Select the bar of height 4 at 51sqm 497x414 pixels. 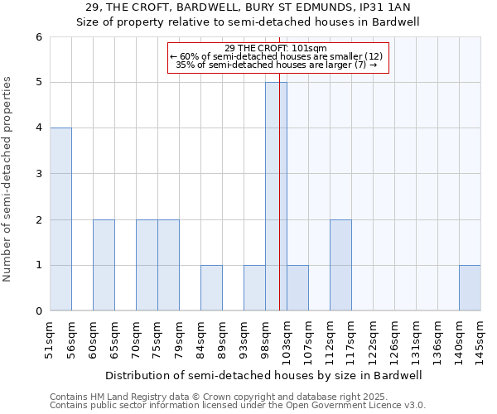coord(60,219)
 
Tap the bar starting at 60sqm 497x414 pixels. coord(104,265)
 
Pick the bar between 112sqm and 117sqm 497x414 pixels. coord(340,265)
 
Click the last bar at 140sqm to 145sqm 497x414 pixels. coord(470,288)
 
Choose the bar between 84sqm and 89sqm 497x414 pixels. coord(211,288)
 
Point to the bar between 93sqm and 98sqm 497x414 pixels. coord(254,288)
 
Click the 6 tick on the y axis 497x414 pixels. coord(38,37)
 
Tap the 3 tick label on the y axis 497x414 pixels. coord(38,174)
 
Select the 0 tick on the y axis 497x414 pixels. coord(38,311)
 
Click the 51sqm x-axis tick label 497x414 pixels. coord(50,339)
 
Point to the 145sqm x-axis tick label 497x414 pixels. coord(480,339)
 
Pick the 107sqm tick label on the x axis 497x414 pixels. coord(308,339)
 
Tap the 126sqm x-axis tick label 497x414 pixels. coord(394,339)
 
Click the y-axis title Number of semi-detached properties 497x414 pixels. coord(8,179)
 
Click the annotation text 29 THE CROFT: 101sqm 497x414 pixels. coord(276,48)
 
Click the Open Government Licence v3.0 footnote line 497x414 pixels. coord(238,406)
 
